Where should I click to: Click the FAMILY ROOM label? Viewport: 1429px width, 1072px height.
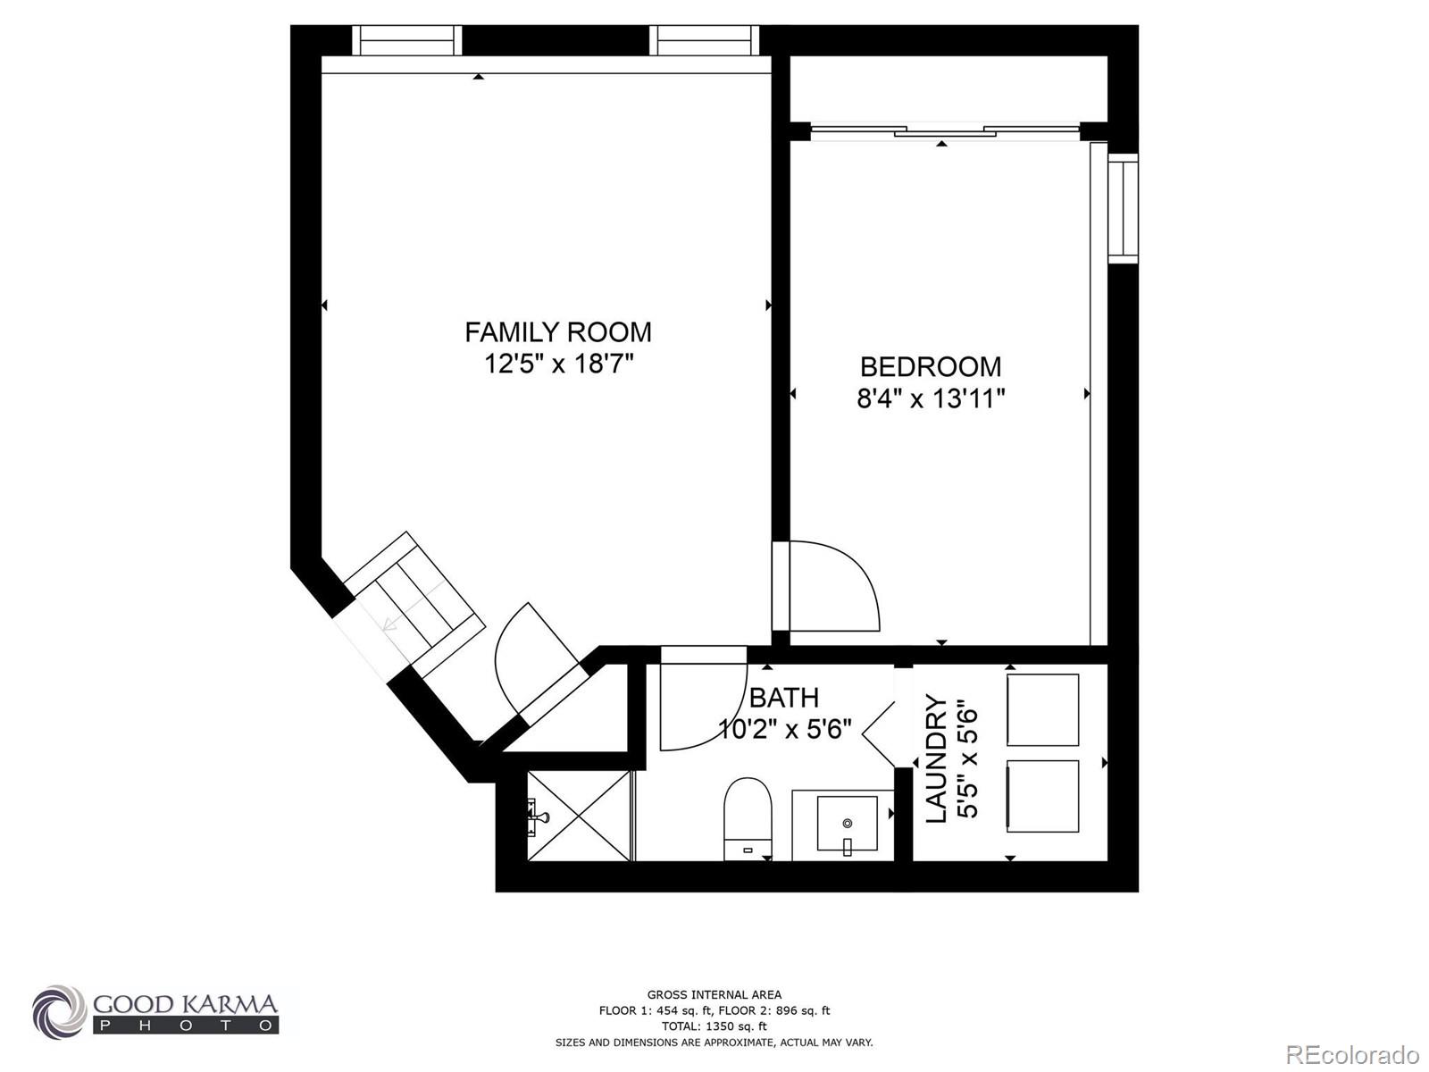[557, 332]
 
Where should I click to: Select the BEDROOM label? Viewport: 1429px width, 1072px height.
[930, 366]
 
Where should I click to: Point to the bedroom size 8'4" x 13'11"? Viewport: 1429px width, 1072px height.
[931, 398]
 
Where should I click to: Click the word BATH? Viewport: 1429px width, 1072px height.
[783, 698]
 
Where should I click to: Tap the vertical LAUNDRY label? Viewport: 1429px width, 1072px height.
[935, 758]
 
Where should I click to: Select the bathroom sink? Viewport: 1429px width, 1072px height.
[847, 823]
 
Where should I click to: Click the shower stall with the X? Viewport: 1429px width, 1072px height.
[579, 816]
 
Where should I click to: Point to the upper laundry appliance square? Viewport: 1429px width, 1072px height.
[1042, 709]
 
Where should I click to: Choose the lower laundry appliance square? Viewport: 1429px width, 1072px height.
[1042, 795]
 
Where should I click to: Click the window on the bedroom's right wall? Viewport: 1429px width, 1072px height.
[1123, 208]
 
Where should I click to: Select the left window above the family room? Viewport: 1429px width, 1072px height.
[406, 40]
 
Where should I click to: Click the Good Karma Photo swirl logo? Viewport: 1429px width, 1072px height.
[59, 1012]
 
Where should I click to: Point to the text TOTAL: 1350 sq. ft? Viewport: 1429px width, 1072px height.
[714, 1026]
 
